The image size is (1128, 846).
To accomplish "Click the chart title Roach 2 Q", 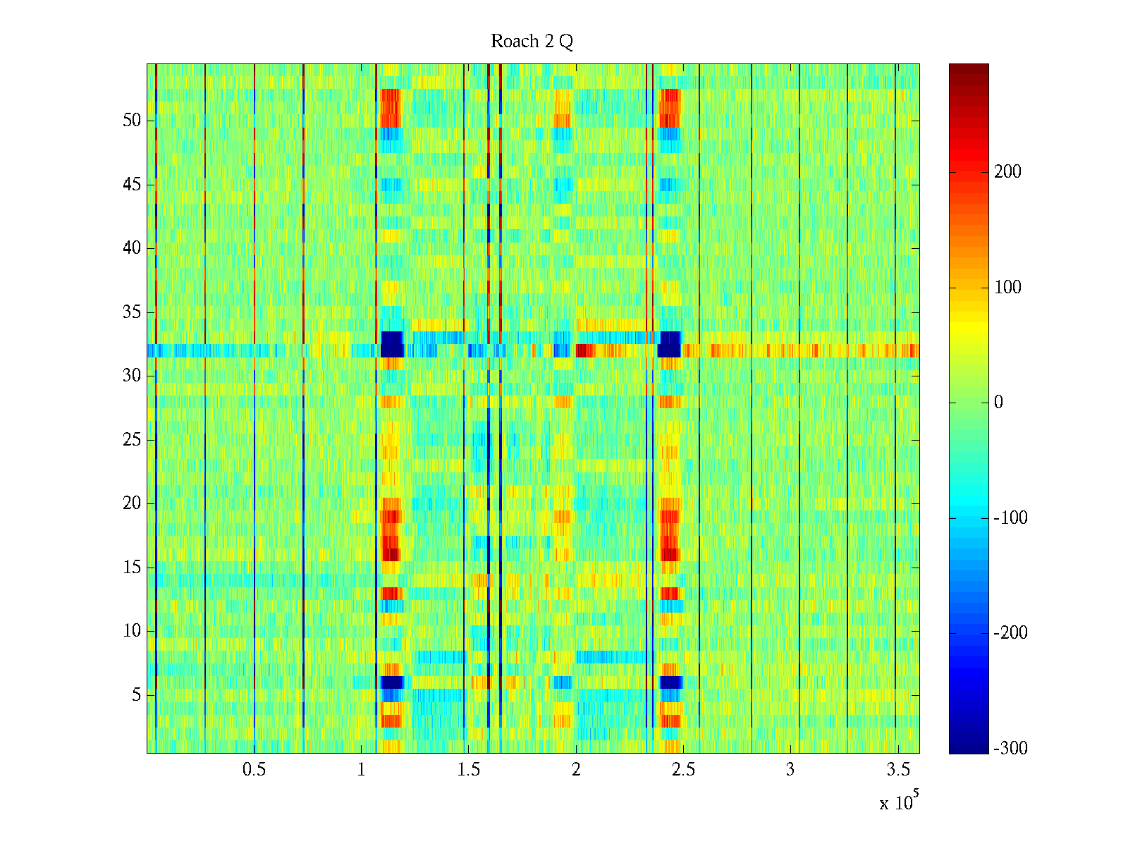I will (x=532, y=42).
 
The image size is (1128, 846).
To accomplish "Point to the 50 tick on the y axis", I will (x=132, y=121).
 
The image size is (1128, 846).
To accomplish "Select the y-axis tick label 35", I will (x=132, y=312).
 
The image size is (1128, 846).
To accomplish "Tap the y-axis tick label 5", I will (x=136, y=695).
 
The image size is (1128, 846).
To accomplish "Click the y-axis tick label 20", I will (x=132, y=503).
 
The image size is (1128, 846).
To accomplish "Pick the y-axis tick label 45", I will (x=132, y=185).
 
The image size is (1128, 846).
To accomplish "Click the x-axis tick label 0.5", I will (x=254, y=770).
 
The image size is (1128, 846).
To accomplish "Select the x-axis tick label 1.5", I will (x=469, y=770).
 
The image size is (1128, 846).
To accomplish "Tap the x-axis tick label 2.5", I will (x=683, y=770).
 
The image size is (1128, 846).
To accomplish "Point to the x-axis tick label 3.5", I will (x=897, y=770).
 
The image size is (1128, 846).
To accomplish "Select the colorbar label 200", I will (x=1007, y=172).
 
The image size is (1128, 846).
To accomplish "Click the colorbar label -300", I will (x=1010, y=749).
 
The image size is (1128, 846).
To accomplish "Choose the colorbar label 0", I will (x=998, y=403).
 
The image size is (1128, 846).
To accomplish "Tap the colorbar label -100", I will (x=1010, y=518).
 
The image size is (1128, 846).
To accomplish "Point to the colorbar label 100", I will (x=1007, y=288).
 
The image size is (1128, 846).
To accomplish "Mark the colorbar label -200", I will (x=1010, y=633).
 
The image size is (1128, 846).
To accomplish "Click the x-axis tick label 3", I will (x=790, y=770).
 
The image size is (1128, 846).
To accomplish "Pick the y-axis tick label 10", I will (x=132, y=631).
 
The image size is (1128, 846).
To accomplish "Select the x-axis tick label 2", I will (x=576, y=770).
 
